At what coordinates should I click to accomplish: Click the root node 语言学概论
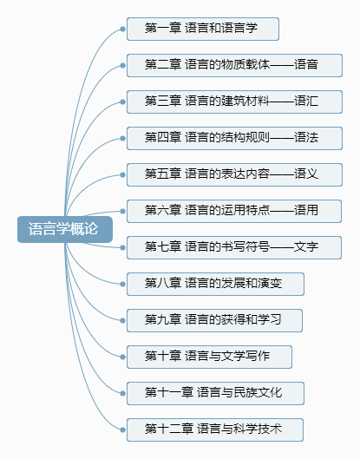point(65,229)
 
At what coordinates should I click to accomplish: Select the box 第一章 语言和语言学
point(203,29)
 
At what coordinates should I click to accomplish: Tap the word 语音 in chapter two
point(306,64)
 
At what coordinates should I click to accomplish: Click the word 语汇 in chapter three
point(306,101)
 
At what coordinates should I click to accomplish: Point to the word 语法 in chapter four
point(306,137)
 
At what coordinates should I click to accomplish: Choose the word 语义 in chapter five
point(306,174)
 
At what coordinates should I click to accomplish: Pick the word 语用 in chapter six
point(306,210)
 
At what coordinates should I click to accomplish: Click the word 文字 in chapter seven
point(306,246)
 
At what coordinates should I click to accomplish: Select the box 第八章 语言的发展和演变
point(215,284)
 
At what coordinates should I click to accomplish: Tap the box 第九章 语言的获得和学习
point(214,320)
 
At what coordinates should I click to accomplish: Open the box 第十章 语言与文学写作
point(209,357)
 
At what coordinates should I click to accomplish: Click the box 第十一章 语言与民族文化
point(215,393)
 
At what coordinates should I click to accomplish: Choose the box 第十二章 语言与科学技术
point(215,429)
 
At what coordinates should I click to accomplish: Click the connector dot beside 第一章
point(122,29)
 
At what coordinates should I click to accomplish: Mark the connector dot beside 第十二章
point(122,429)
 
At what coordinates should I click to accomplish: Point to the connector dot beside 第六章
point(122,211)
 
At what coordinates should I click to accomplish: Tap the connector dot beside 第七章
point(122,247)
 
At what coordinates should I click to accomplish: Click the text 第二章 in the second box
point(163,64)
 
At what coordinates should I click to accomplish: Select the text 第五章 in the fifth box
point(163,174)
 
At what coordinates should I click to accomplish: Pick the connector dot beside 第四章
point(122,138)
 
